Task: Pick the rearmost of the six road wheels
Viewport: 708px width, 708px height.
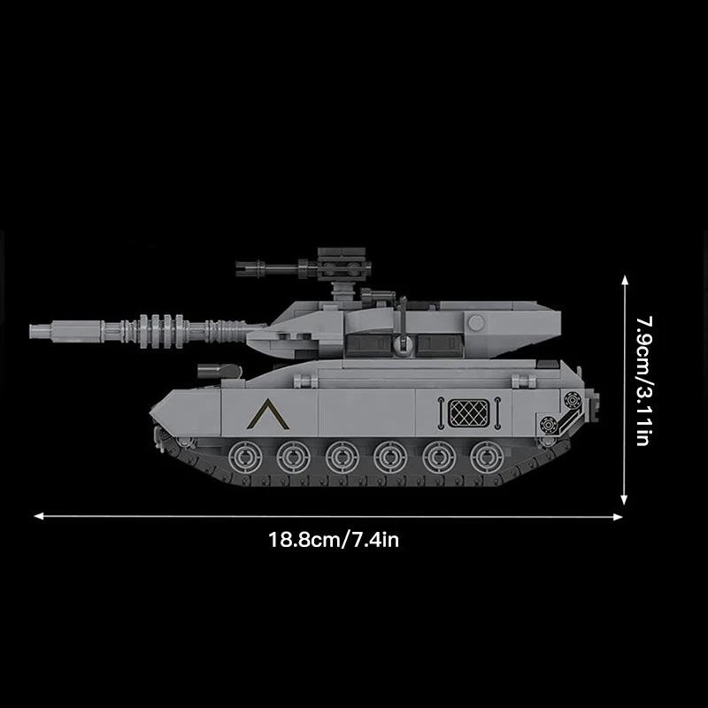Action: (484, 457)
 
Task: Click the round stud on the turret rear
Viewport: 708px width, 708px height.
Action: (476, 323)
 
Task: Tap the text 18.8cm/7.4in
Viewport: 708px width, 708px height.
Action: (334, 538)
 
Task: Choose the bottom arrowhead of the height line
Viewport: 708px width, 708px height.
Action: (625, 500)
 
